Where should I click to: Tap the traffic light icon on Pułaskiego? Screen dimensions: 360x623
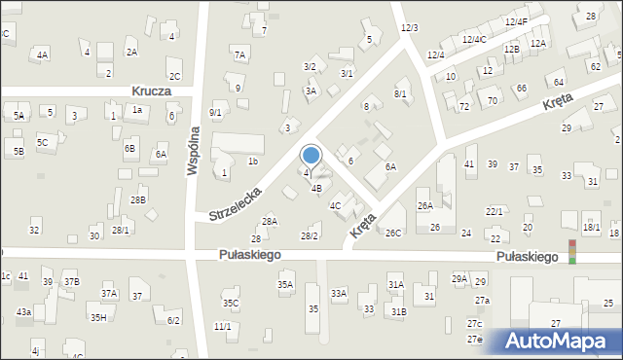coord(572,252)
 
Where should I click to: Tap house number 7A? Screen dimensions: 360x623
coord(239,54)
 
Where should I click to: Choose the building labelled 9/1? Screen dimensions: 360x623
coord(215,112)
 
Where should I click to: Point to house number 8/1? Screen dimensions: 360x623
coord(400,93)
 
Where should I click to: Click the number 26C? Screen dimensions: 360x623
coord(393,233)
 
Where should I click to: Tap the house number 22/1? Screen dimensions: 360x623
coord(495,211)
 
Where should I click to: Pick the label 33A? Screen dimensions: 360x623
coord(339,293)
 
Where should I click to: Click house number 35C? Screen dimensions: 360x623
coord(231,303)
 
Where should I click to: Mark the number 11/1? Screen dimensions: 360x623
coord(222,326)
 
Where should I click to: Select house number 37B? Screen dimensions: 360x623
coord(71,282)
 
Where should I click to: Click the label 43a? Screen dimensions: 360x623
coord(23,311)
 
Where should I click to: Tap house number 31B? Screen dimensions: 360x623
coord(398,311)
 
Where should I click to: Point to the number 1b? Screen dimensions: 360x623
coord(252,162)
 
